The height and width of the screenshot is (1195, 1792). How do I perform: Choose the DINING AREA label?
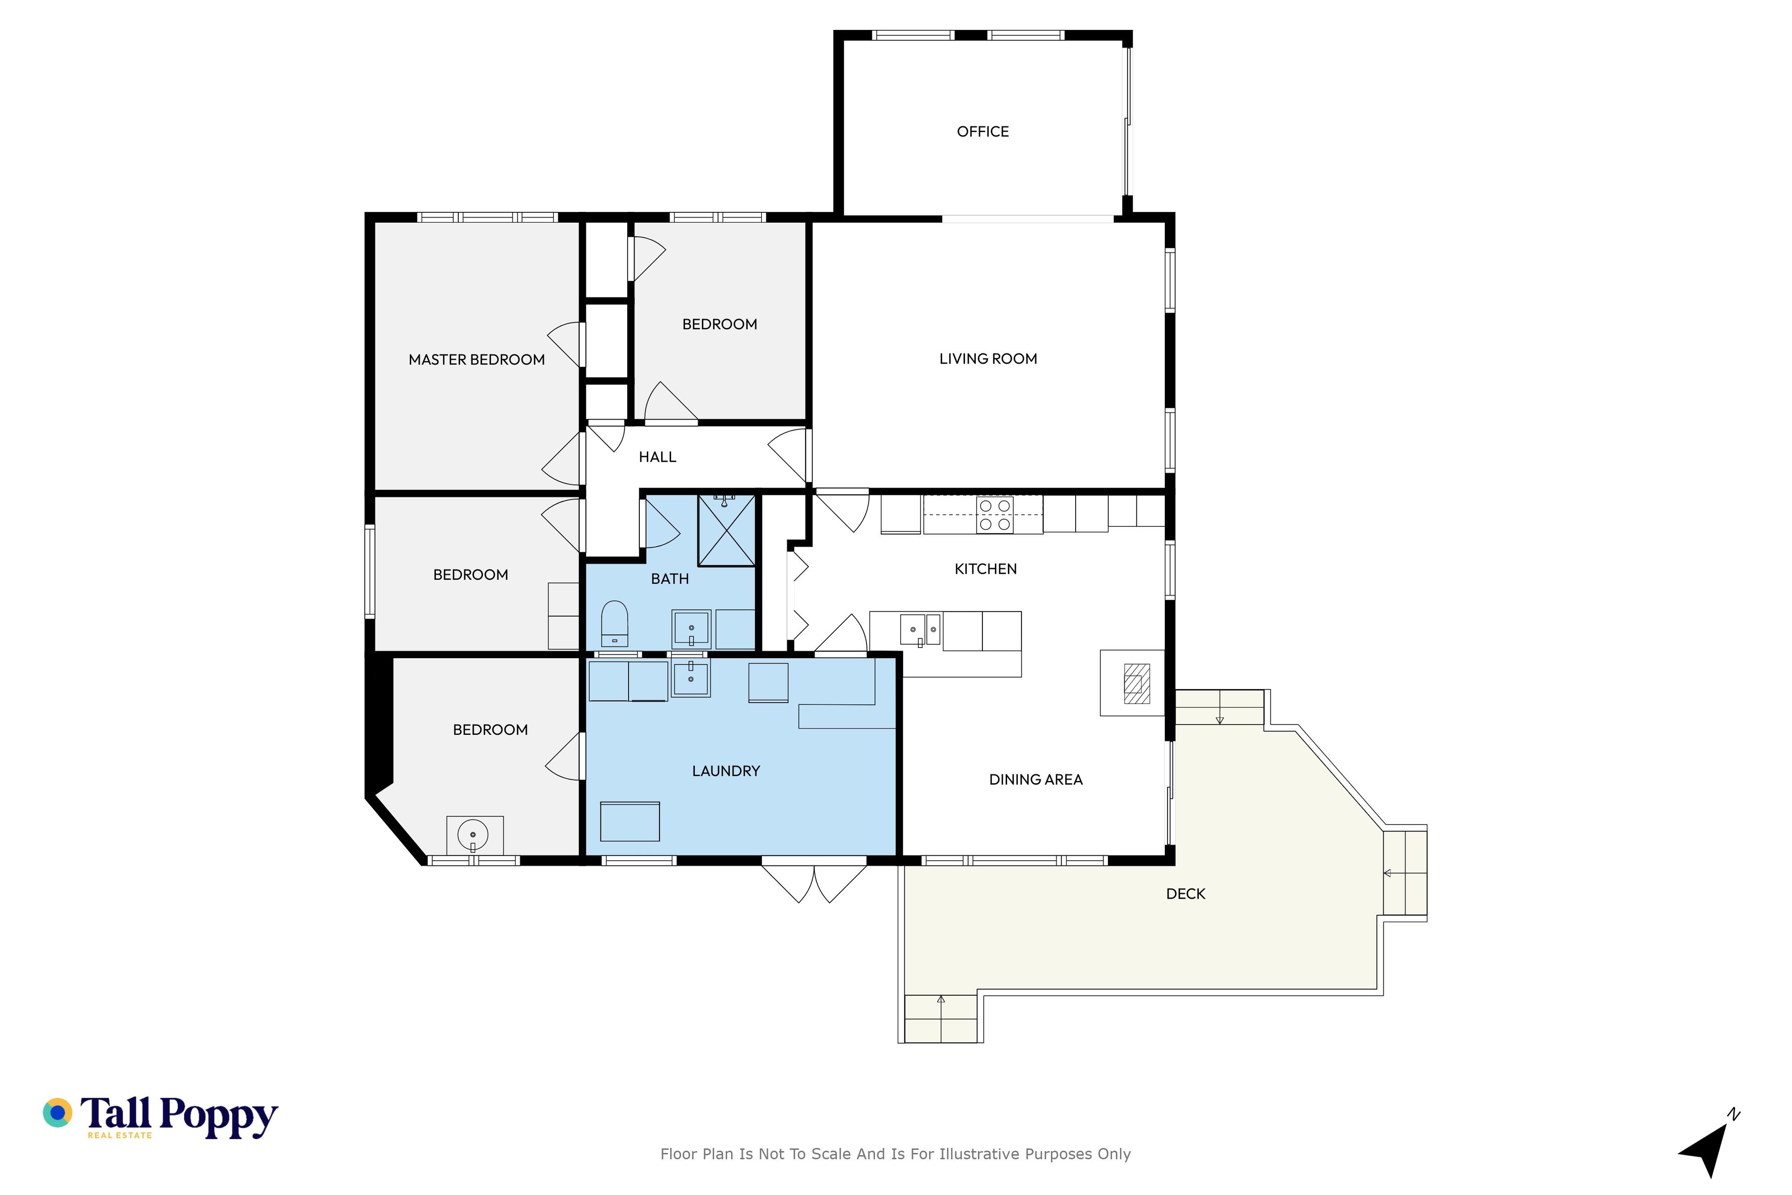pyautogui.click(x=1036, y=780)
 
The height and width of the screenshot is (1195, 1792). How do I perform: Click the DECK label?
pyautogui.click(x=1185, y=894)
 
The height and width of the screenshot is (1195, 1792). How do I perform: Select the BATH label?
pyautogui.click(x=670, y=579)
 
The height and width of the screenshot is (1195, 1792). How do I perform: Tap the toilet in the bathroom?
pyautogui.click(x=614, y=624)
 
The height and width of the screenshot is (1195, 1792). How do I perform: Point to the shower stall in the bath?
pyautogui.click(x=726, y=530)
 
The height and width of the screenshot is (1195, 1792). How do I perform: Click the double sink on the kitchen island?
pyautogui.click(x=920, y=630)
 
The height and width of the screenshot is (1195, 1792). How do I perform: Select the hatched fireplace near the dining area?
pyautogui.click(x=1137, y=683)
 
